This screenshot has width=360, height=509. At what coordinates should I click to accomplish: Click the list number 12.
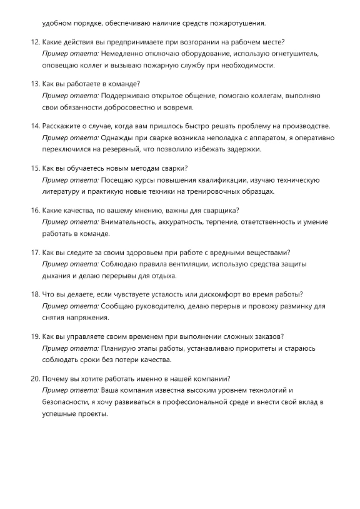tap(35, 43)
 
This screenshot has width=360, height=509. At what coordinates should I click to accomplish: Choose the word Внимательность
tap(130, 222)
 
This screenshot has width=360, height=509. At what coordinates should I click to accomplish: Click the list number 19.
tap(35, 336)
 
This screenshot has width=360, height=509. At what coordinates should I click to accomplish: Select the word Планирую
tap(120, 348)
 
